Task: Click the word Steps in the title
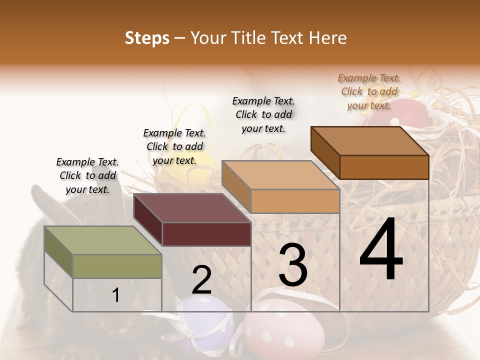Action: (147, 38)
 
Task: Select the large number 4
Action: (381, 250)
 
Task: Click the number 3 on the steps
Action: (292, 265)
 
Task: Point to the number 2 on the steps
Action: (201, 280)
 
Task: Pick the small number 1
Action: (115, 295)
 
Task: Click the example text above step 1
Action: (87, 175)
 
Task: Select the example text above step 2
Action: (174, 146)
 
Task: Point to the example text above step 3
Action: (263, 114)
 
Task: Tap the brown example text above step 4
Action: (369, 91)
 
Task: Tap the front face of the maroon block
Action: (206, 234)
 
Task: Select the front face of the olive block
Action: (117, 266)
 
